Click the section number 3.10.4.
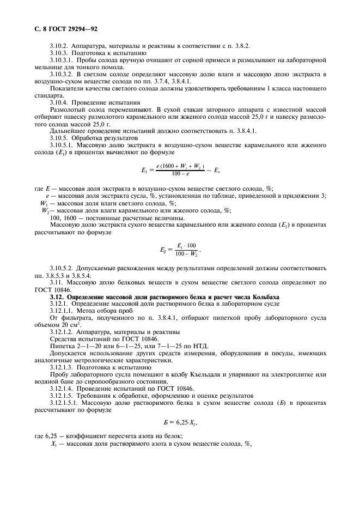click(x=59, y=102)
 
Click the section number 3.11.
click(x=56, y=283)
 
